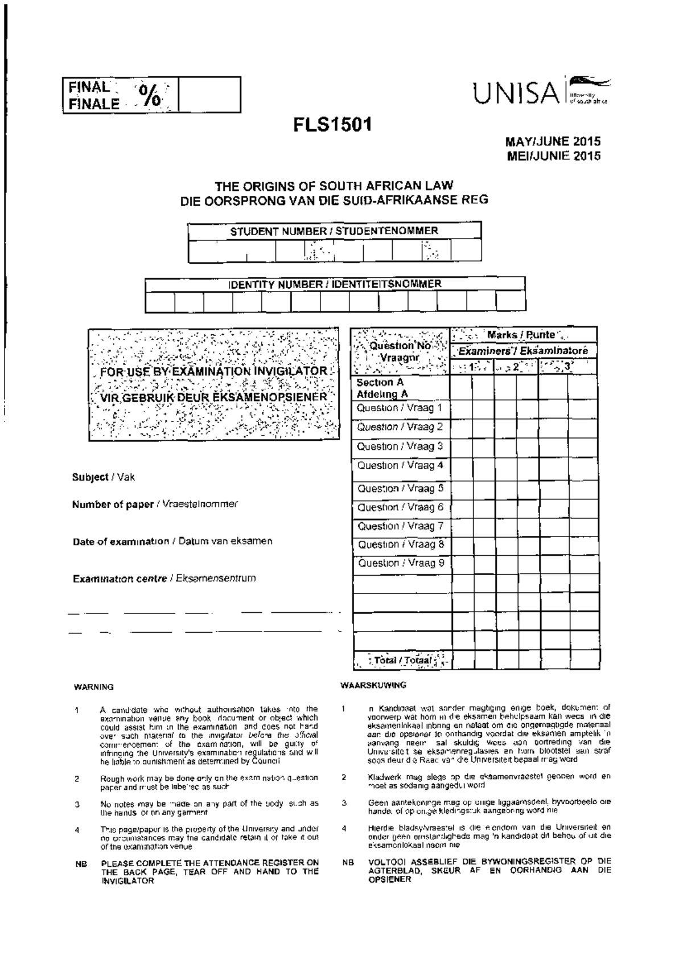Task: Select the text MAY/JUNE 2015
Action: pyautogui.click(x=554, y=142)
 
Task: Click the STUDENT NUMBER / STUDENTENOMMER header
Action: pyautogui.click(x=334, y=231)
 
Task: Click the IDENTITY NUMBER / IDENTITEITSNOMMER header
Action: pyautogui.click(x=335, y=284)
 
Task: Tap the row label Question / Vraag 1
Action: pyautogui.click(x=400, y=408)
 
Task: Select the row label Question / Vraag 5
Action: pyautogui.click(x=400, y=488)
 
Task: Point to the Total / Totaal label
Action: pyautogui.click(x=402, y=660)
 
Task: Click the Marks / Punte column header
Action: pyautogui.click(x=520, y=335)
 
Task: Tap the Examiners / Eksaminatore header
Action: pyautogui.click(x=523, y=351)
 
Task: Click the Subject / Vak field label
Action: pyautogui.click(x=103, y=477)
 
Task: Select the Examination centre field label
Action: pyautogui.click(x=164, y=579)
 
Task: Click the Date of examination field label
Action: pyautogui.click(x=172, y=541)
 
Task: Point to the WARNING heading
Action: pyautogui.click(x=94, y=687)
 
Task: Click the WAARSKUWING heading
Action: pyautogui.click(x=373, y=685)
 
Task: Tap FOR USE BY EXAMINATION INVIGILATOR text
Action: pyautogui.click(x=213, y=371)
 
